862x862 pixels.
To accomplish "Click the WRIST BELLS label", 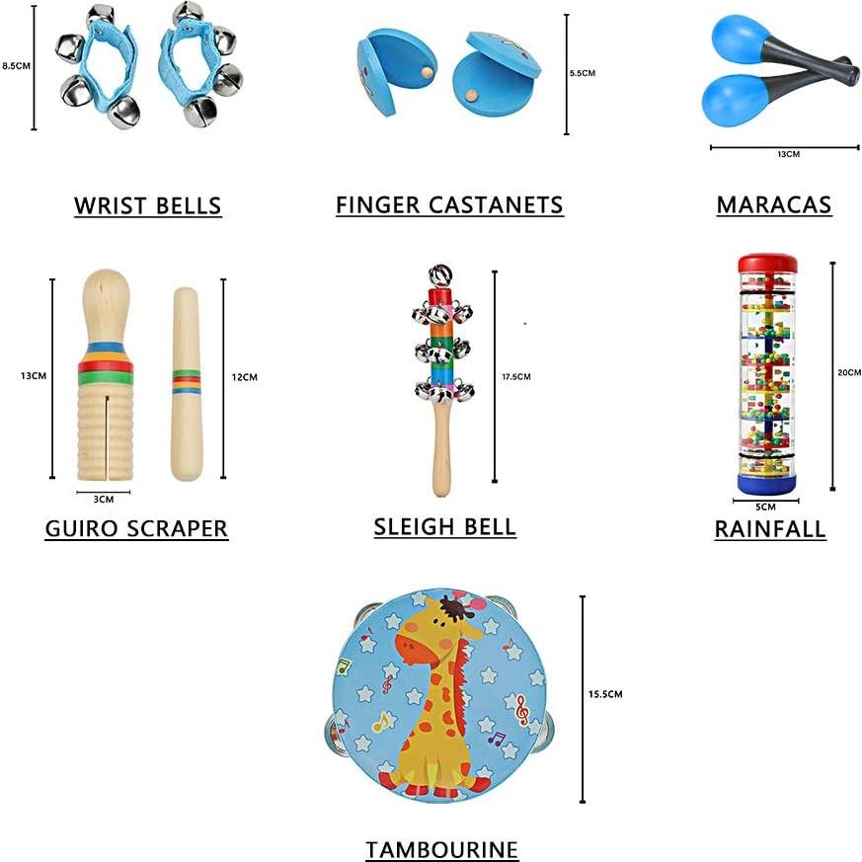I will point(147,205).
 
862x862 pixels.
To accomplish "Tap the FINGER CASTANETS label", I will point(449,204).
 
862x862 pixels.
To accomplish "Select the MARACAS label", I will point(774,204).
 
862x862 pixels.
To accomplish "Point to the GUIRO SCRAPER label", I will point(136,528).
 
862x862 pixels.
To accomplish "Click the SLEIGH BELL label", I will point(444,526).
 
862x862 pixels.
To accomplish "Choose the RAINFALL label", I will point(770,529).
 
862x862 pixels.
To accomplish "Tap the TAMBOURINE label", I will point(441,849).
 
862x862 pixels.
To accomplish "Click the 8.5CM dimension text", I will point(16,66).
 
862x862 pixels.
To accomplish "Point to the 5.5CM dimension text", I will point(584,73).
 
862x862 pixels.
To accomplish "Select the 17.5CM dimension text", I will point(516,376).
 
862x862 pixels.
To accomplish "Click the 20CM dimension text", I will point(849,372).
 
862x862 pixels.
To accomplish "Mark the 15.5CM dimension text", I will point(605,694).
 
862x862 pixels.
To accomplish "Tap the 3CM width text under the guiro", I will point(103,500).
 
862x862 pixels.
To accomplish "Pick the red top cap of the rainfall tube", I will point(767,264).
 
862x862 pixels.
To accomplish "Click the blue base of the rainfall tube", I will point(767,483).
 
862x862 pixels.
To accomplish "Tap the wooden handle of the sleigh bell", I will point(441,454).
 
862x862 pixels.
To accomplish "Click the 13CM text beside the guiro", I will point(34,375).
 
